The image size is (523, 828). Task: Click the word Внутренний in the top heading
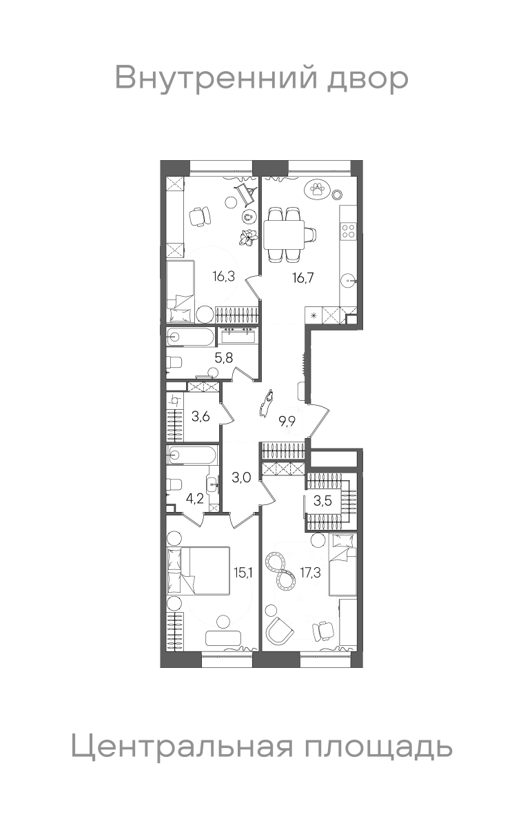(x=216, y=77)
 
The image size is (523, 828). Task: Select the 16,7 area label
(x=303, y=277)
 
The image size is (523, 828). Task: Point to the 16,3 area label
(x=224, y=276)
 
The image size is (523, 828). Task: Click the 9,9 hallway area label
(x=287, y=421)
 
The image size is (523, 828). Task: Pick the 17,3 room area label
(x=310, y=573)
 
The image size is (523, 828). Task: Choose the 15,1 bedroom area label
(x=243, y=573)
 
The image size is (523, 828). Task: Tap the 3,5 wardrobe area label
(x=322, y=501)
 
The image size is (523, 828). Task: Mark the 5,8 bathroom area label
(x=224, y=358)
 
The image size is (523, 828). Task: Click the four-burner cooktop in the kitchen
(x=349, y=230)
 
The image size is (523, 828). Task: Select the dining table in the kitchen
(x=284, y=235)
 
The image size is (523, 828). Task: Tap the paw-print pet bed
(x=317, y=190)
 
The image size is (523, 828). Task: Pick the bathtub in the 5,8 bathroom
(x=190, y=337)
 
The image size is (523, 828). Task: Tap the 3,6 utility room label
(x=201, y=417)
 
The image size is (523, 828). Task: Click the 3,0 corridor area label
(x=241, y=478)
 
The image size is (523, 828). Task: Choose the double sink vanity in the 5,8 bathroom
(x=240, y=336)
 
